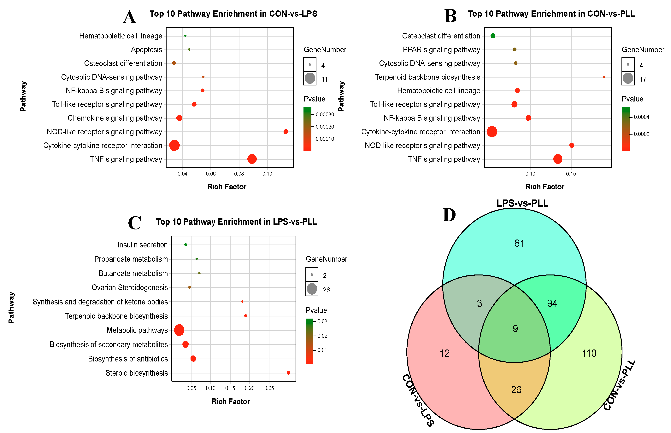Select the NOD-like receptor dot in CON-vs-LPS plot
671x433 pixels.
285,132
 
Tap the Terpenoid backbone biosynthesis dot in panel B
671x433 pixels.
603,77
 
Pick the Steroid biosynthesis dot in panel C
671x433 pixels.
288,373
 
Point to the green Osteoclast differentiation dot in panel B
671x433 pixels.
493,36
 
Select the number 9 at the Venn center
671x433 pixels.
515,329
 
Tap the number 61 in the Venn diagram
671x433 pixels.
519,243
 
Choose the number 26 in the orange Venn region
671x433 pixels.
516,390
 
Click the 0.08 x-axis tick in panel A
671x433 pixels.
239,174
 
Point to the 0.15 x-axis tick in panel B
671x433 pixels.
571,174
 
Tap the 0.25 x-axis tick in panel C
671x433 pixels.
269,388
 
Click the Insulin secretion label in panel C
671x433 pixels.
142,245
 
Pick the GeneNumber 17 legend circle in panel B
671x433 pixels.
628,78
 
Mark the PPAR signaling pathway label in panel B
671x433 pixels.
441,50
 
